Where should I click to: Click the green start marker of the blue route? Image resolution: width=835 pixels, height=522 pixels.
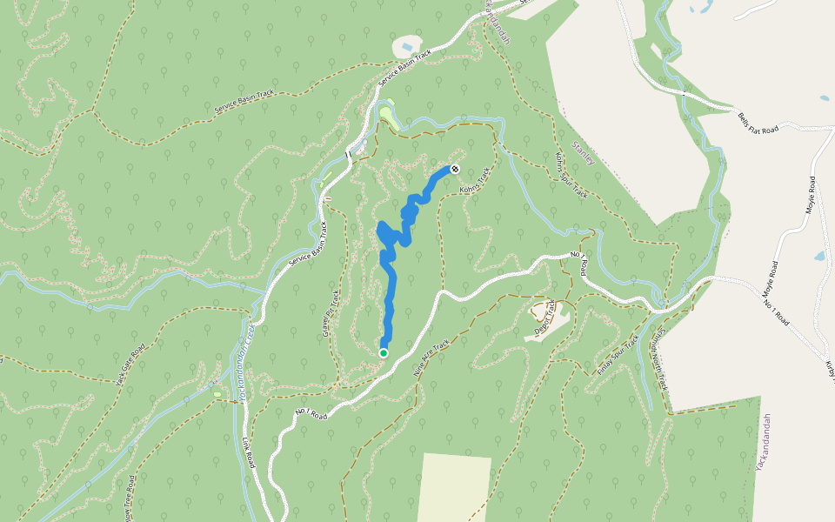pos(383,352)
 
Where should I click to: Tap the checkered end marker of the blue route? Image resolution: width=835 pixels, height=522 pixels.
pos(454,168)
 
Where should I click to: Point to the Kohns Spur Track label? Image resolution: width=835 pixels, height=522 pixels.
pos(571,175)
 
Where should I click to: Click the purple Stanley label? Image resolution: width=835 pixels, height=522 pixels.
pos(583,153)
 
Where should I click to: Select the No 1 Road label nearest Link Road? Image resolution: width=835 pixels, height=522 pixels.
pos(311,411)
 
